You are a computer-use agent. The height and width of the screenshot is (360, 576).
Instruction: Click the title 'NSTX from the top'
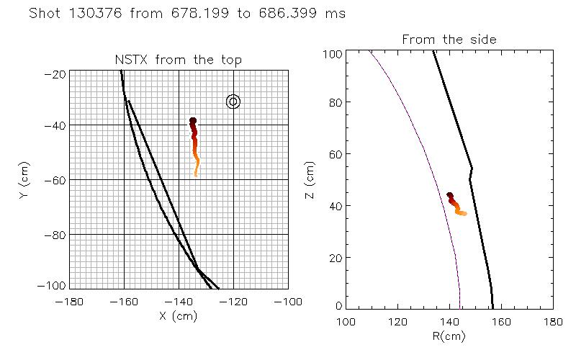tap(179, 60)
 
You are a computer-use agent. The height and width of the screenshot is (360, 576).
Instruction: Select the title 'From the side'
tap(449, 40)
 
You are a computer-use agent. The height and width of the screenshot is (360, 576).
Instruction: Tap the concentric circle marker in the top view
tap(233, 102)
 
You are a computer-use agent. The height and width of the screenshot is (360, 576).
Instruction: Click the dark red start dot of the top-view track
tap(193, 121)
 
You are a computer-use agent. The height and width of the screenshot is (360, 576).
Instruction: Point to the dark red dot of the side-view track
tap(450, 195)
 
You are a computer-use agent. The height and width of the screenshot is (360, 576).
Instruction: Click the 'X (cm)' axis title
tap(179, 315)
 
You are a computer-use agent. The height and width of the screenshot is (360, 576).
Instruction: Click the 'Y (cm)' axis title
tap(26, 180)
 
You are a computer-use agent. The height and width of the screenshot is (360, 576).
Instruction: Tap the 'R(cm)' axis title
tap(449, 336)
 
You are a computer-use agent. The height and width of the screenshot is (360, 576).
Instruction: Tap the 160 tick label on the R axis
tap(501, 320)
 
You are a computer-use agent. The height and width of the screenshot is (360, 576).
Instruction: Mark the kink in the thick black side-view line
tap(472, 169)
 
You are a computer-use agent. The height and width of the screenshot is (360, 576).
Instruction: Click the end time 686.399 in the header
tap(297, 14)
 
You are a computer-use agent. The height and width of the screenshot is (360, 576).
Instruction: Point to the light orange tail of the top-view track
tap(196, 172)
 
